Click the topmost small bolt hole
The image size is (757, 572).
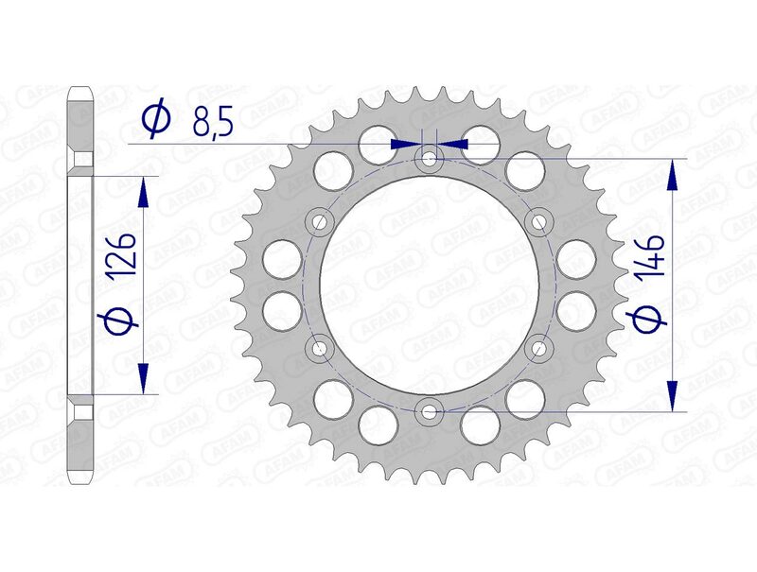point(430,158)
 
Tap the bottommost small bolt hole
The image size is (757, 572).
point(430,410)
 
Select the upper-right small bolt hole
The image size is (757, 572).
point(539,222)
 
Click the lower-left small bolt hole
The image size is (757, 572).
point(320,347)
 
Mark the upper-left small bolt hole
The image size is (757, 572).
point(320,222)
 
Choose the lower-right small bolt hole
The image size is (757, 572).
point(539,347)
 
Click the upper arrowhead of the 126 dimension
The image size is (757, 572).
point(143,192)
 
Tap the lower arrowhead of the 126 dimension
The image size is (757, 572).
point(143,377)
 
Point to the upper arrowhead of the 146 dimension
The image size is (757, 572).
point(673,175)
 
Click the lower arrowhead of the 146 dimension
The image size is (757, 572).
point(673,395)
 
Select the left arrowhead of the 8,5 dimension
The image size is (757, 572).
point(404,144)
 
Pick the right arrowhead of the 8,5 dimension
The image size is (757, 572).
point(455,144)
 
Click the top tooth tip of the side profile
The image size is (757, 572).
point(80,92)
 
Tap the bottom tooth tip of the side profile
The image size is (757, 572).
point(80,477)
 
